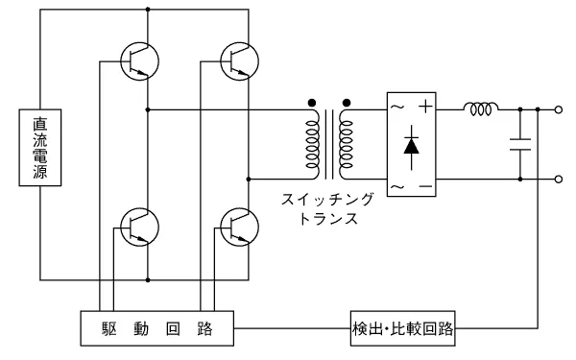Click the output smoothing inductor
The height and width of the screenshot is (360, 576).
pyautogui.click(x=480, y=110)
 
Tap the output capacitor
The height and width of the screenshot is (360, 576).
pyautogui.click(x=520, y=146)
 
